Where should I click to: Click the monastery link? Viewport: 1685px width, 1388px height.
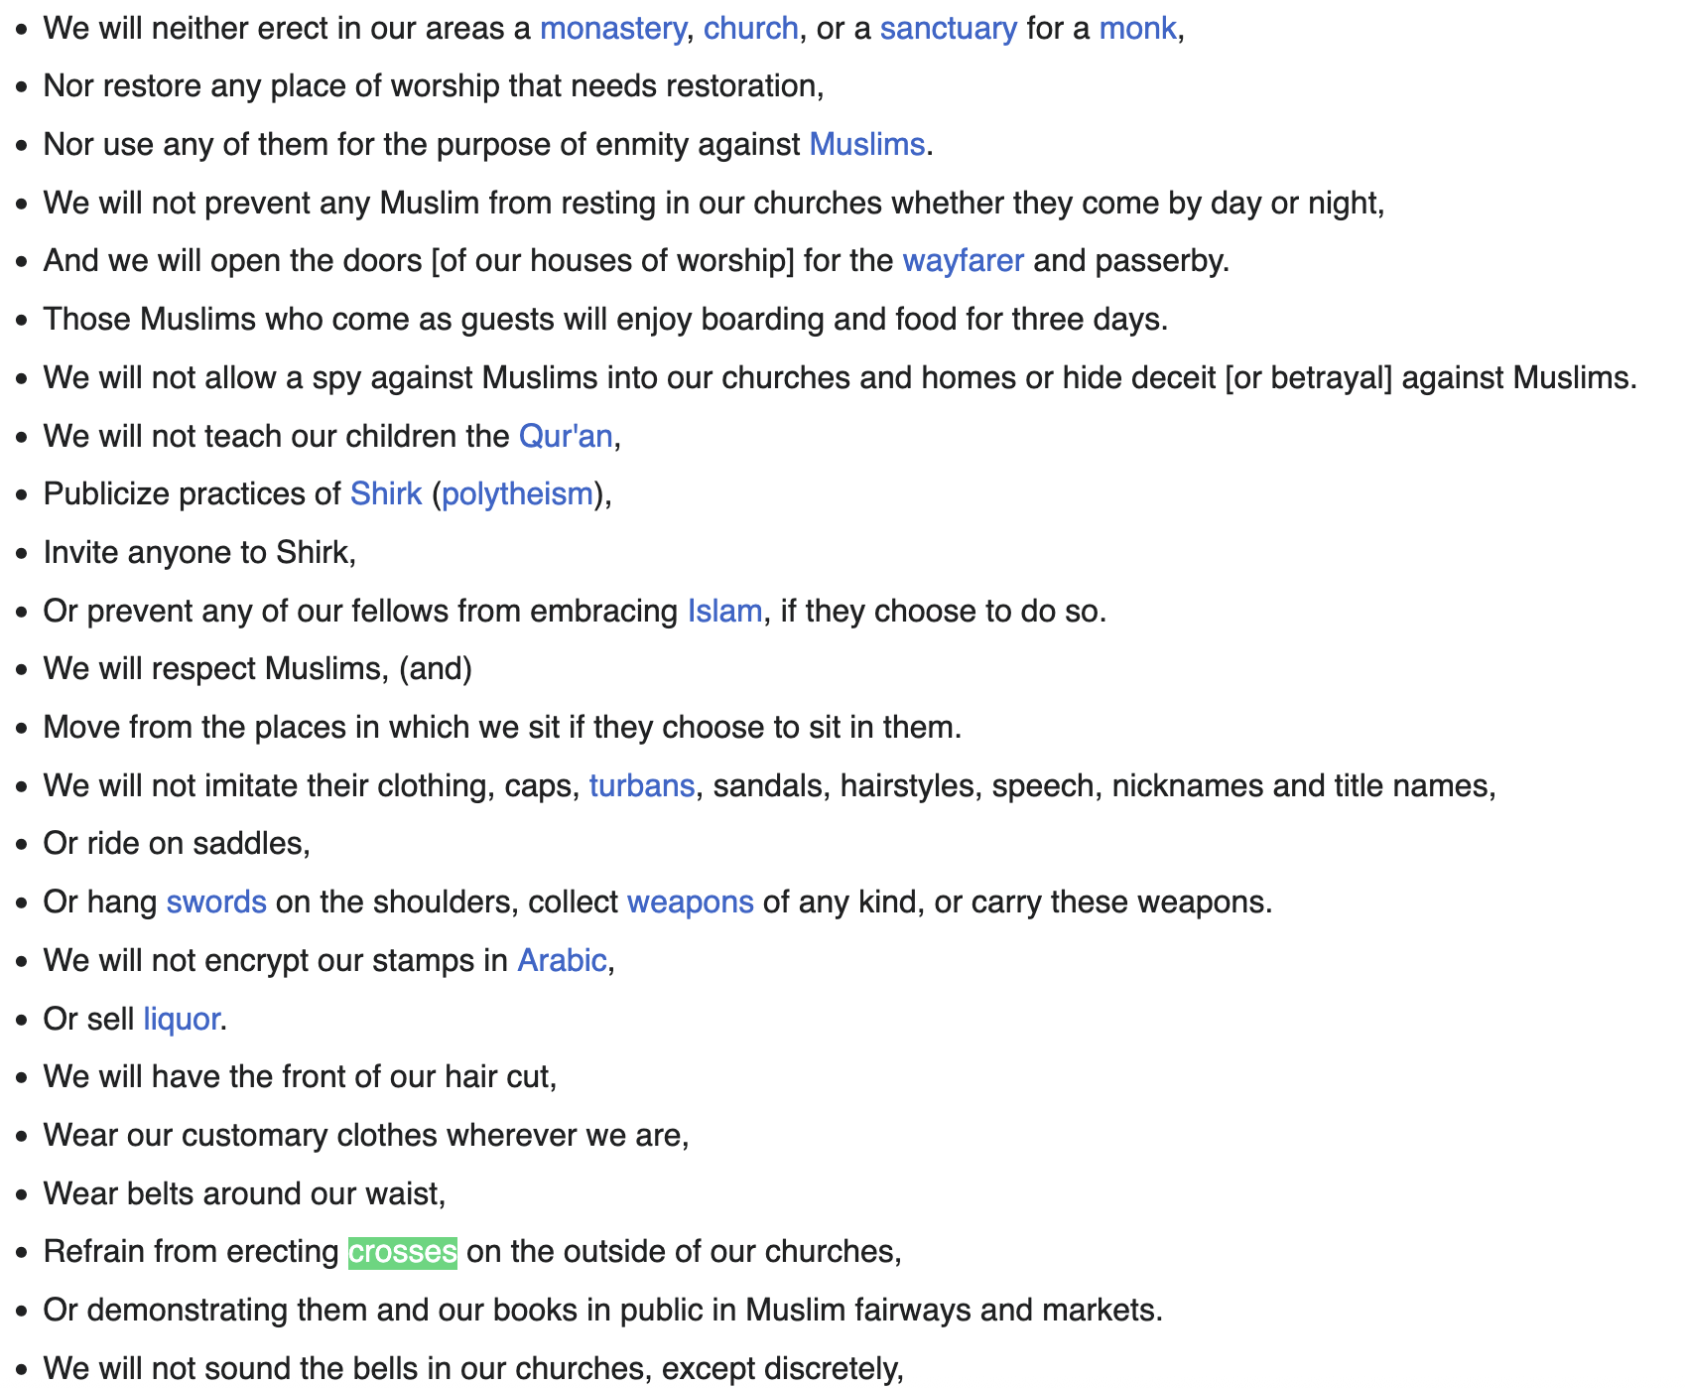tap(612, 29)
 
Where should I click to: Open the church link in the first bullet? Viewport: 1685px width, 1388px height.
tap(750, 29)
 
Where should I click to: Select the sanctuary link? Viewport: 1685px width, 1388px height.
tap(948, 29)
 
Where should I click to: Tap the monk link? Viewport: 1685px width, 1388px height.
tap(1136, 29)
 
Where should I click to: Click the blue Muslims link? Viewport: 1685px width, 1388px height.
tap(866, 145)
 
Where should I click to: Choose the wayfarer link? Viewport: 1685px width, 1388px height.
tap(963, 261)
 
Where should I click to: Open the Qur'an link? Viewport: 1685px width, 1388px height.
tap(566, 436)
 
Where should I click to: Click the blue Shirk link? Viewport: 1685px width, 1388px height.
tap(386, 494)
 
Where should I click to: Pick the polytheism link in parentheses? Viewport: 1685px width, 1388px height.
tap(517, 494)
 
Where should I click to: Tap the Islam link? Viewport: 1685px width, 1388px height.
tap(724, 611)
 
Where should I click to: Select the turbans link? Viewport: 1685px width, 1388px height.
tap(641, 786)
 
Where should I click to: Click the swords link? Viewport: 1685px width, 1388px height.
tap(216, 902)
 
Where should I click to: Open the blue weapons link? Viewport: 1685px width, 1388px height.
tap(690, 902)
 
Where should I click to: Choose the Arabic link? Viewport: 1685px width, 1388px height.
tap(562, 961)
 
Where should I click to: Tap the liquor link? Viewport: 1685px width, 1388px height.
tap(181, 1020)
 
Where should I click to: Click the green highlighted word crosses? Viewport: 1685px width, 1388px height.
tap(402, 1252)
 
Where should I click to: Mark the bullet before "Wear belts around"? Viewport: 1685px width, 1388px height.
tap(22, 1194)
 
